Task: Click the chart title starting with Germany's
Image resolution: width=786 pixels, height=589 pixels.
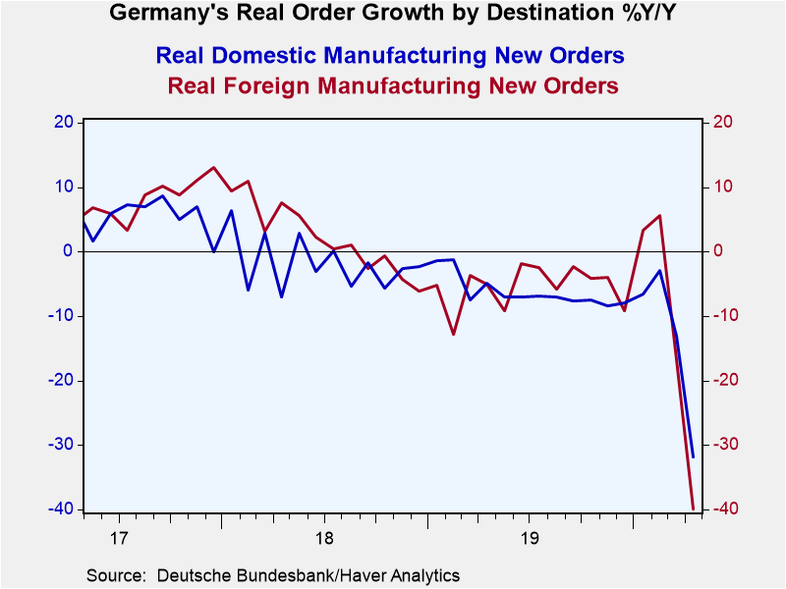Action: (392, 12)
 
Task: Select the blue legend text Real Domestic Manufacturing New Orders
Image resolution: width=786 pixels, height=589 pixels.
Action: (390, 55)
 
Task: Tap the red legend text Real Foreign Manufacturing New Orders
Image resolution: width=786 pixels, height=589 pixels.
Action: (393, 85)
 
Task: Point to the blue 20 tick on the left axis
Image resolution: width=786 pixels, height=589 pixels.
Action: (64, 122)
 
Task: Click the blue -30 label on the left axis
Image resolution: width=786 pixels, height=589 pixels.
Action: (61, 445)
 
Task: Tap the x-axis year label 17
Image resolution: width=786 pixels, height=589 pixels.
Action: (119, 539)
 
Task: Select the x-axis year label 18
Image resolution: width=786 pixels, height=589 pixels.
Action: (324, 539)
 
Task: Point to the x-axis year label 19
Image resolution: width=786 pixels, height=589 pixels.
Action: (530, 539)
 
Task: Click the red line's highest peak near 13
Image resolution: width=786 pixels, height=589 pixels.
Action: (214, 167)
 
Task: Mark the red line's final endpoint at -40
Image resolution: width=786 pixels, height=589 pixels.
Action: (694, 509)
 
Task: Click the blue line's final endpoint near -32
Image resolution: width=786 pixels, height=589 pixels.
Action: (694, 456)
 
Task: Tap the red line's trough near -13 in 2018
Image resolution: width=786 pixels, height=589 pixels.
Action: (454, 334)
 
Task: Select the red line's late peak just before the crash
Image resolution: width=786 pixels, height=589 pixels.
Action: (659, 215)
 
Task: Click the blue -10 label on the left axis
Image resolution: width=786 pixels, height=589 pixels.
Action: (61, 315)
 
